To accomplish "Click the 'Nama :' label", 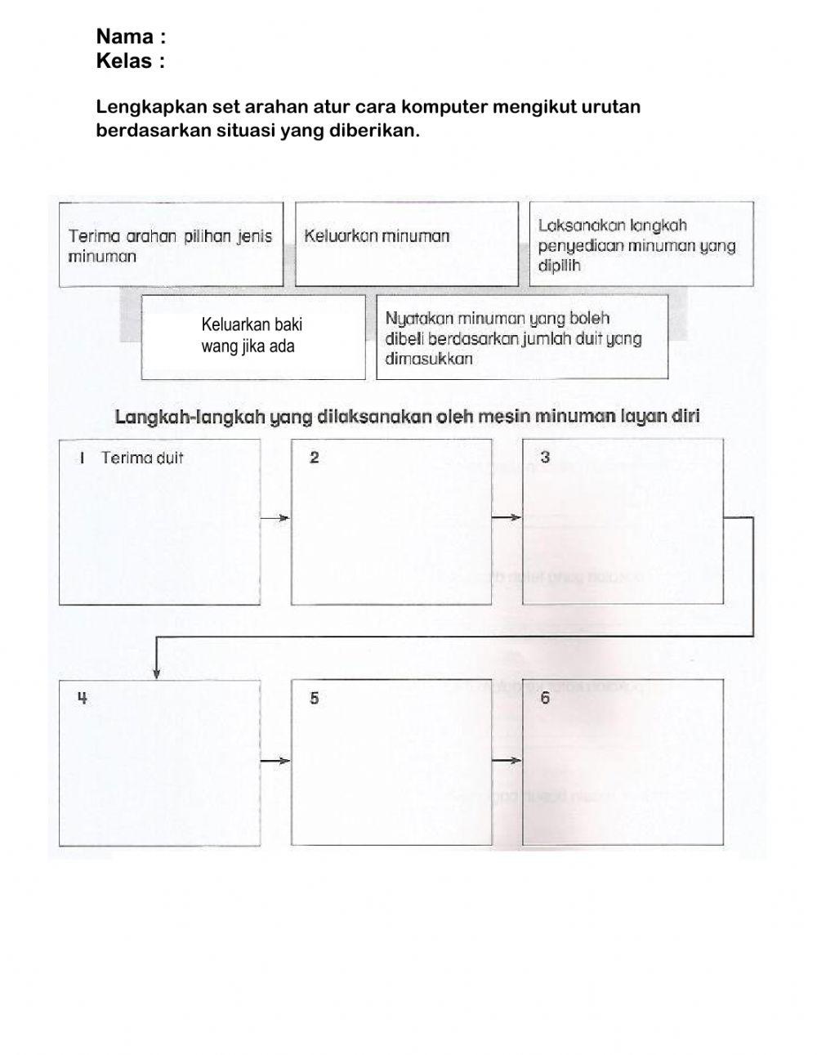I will tap(131, 37).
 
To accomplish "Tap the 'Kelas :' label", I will tap(130, 61).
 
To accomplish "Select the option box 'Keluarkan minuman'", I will tap(406, 244).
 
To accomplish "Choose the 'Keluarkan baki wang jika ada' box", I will tap(253, 336).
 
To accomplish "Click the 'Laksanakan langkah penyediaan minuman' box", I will tap(641, 244).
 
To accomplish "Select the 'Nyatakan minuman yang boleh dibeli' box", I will tap(521, 338).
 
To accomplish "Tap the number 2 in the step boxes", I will tap(315, 458).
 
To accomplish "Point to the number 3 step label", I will tap(545, 458).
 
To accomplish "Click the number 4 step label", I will tap(82, 698).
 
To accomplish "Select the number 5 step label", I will tap(315, 699).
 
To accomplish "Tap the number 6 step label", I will tap(545, 699).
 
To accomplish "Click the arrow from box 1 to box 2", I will tap(275, 518).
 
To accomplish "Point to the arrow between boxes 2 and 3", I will tap(507, 518).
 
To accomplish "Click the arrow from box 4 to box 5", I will tap(275, 761).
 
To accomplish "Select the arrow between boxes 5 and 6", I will tap(507, 761).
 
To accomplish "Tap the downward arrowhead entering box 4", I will tap(155, 672).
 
